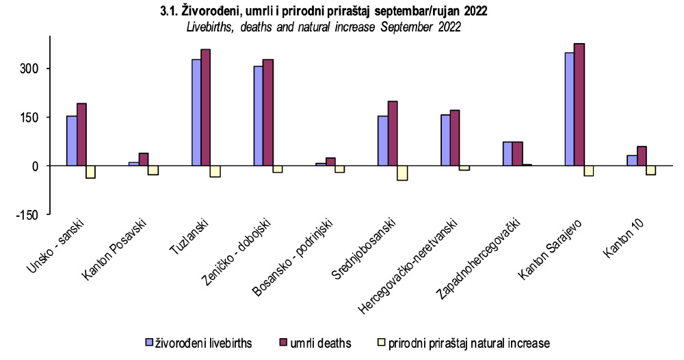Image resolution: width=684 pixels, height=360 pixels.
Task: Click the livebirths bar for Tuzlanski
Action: click(196, 113)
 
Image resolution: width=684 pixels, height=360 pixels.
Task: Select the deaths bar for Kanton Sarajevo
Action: click(579, 105)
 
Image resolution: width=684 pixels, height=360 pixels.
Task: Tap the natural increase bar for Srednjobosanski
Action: click(402, 172)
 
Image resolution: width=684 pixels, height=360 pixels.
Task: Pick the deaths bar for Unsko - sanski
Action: click(81, 135)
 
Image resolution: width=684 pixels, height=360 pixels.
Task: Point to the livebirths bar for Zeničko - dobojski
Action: click(259, 116)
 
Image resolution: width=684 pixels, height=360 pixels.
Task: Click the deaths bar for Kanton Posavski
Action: click(144, 159)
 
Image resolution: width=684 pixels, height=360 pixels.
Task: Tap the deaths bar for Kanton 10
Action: click(642, 156)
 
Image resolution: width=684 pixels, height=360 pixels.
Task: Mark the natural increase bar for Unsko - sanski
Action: click(91, 172)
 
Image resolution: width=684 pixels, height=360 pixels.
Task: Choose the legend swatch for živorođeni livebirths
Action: click(148, 342)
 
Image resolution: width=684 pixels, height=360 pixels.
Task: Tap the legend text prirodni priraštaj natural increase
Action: click(469, 343)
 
